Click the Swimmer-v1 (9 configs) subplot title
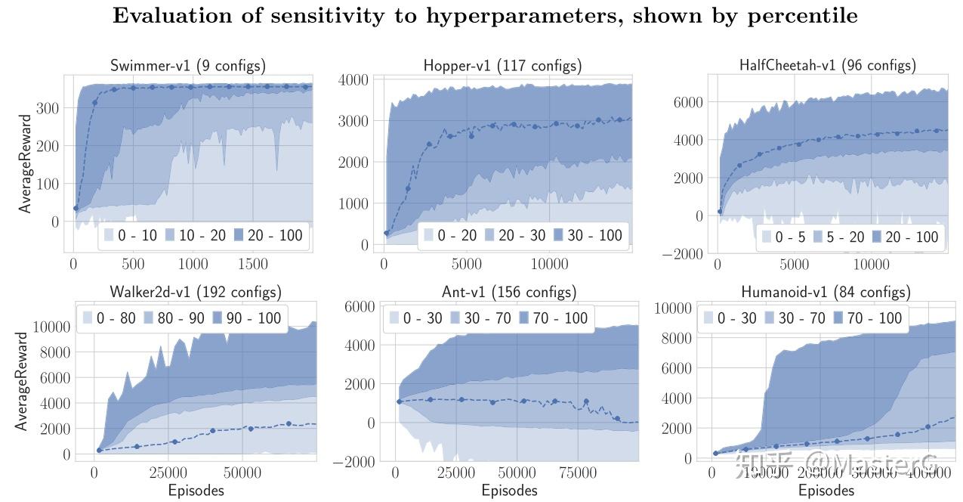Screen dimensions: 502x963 (x=188, y=66)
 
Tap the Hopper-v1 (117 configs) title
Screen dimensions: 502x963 (x=502, y=66)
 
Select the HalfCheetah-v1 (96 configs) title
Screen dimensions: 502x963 (x=827, y=66)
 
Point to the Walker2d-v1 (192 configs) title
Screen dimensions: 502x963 (x=196, y=292)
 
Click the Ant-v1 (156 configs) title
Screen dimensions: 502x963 (x=508, y=292)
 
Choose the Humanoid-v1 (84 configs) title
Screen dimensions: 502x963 (x=826, y=292)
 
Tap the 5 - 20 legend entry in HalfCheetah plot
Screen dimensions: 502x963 (x=837, y=237)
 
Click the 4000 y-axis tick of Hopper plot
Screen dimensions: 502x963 (x=353, y=79)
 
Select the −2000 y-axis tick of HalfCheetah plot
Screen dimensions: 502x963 (x=682, y=254)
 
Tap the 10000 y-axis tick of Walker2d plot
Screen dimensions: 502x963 (x=51, y=327)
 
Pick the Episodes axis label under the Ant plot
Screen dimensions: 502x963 (x=510, y=491)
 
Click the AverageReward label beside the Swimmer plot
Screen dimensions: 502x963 (x=26, y=164)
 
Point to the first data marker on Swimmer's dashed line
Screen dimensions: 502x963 (x=76, y=208)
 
